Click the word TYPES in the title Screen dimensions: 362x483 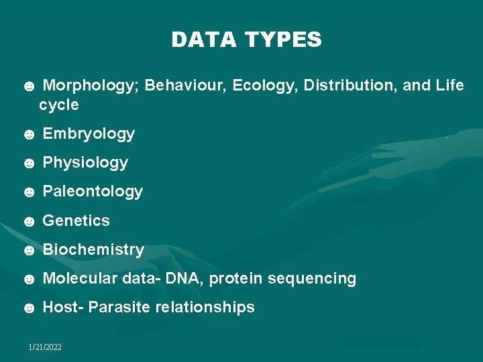pos(284,40)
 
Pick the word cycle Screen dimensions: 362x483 pos(59,105)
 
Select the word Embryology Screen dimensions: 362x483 pos(89,134)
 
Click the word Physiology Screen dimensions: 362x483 pos(85,163)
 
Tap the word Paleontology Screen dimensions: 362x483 pos(93,192)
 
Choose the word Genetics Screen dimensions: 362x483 pos(76,221)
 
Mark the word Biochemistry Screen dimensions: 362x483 pos(93,249)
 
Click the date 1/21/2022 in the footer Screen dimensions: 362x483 pos(45,347)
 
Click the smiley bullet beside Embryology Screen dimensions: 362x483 pos(29,135)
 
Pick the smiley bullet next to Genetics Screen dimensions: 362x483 pos(29,221)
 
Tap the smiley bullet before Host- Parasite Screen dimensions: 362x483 pos(29,308)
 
